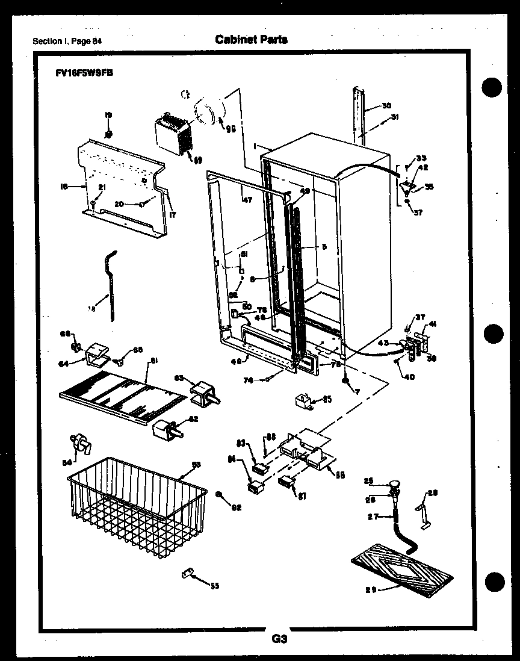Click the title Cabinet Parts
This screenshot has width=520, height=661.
(x=251, y=40)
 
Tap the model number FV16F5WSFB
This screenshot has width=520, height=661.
(x=82, y=72)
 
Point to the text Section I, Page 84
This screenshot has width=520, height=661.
(x=67, y=41)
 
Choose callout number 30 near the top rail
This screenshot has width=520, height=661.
(x=386, y=105)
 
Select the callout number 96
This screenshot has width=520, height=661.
(x=230, y=128)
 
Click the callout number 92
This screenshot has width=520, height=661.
(x=236, y=507)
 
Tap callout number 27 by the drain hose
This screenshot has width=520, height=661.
(x=373, y=516)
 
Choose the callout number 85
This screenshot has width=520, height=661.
(x=327, y=398)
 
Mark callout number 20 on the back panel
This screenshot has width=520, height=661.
(x=119, y=204)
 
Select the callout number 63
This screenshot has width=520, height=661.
(x=179, y=378)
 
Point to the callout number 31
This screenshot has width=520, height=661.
(x=395, y=117)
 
